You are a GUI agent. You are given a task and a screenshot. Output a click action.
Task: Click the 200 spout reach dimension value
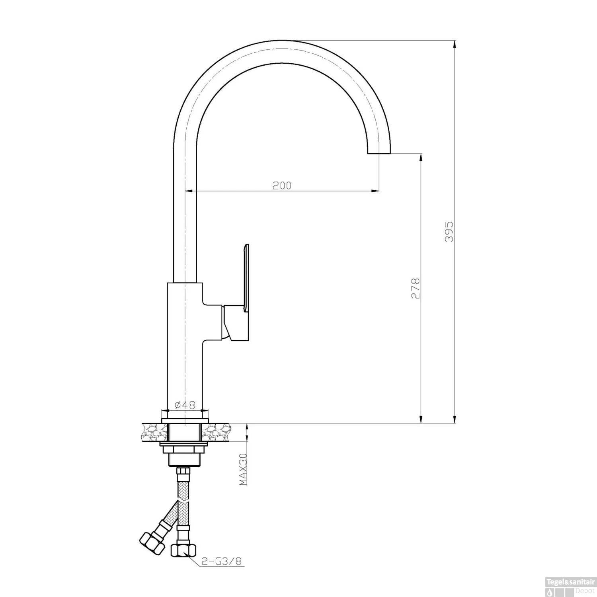(x=282, y=185)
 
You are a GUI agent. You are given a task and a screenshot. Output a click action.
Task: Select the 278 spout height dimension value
(x=416, y=289)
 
